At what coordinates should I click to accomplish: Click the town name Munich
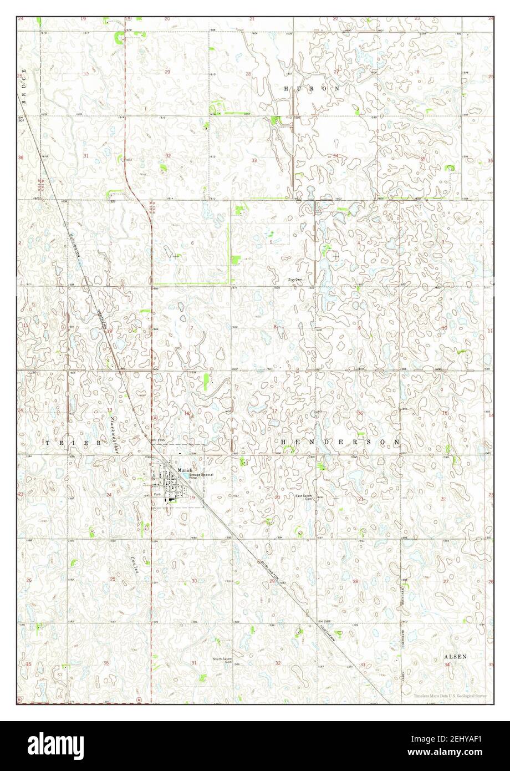click(x=184, y=470)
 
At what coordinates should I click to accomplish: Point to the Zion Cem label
click(x=294, y=280)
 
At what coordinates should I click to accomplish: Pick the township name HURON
click(x=311, y=89)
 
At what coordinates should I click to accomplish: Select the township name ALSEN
click(x=455, y=657)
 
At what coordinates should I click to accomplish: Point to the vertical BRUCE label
click(x=24, y=86)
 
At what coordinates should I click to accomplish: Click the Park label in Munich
click(x=157, y=493)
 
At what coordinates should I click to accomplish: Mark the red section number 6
click(x=192, y=244)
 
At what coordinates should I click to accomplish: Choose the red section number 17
click(x=274, y=411)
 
